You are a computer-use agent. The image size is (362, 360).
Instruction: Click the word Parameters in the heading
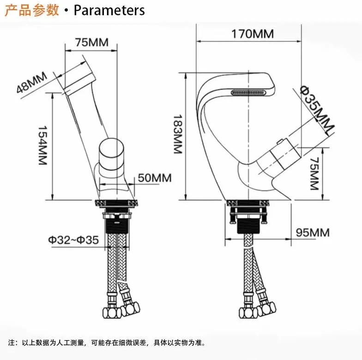[109, 10]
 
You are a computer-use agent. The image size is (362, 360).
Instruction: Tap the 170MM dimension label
[253, 34]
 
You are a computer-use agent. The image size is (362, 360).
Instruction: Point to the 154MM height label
[42, 145]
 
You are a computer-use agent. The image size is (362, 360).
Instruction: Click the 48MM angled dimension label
[32, 82]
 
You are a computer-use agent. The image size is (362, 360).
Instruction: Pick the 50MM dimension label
[155, 178]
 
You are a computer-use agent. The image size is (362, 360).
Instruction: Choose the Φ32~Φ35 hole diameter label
[73, 240]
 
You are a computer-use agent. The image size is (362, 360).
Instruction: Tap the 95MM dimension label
[313, 233]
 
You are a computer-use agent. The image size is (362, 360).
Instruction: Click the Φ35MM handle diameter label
[317, 110]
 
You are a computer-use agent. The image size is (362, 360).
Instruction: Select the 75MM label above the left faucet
[91, 42]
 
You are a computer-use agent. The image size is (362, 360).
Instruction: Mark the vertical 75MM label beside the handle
[314, 174]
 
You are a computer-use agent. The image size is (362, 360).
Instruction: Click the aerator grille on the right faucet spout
[248, 93]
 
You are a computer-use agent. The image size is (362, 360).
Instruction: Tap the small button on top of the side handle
[280, 141]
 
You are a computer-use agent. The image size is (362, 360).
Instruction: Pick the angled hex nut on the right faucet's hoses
[266, 309]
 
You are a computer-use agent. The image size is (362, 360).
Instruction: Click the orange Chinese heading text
[32, 10]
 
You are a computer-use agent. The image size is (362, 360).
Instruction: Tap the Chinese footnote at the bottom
[107, 342]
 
